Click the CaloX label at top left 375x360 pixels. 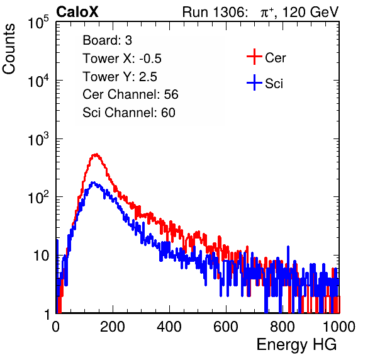tap(77, 12)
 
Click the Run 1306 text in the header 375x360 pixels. tap(215, 12)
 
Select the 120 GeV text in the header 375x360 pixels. tap(310, 12)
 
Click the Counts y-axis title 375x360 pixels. tap(9, 49)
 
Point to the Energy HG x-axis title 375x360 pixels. tap(296, 345)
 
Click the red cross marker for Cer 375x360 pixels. tap(254, 57)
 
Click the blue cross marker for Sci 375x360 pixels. tap(254, 82)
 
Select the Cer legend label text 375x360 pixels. tap(275, 58)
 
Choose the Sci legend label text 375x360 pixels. tap(274, 84)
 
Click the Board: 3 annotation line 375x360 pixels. tap(108, 40)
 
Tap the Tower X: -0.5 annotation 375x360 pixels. tap(122, 59)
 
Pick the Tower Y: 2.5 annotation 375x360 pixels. tap(120, 77)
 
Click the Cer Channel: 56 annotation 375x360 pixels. tap(130, 94)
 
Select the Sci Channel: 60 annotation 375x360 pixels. tap(129, 113)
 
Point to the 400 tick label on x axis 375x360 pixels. tap(169, 327)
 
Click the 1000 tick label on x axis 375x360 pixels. tap(339, 327)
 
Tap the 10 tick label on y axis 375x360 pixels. tap(41, 256)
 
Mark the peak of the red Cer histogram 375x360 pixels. tap(96, 154)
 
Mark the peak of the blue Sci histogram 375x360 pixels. tap(94, 183)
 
